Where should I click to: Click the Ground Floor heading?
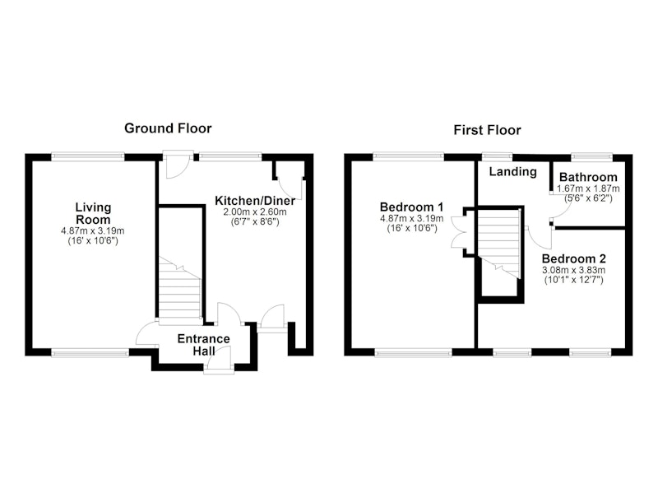pos(168,128)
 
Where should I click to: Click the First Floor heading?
pos(487,130)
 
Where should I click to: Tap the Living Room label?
pos(93,213)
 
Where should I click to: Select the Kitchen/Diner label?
pos(255,201)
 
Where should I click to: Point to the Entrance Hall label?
pos(204,345)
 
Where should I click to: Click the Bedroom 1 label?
pos(411,207)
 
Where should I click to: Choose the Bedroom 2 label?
pos(573,258)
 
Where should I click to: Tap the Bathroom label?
pos(588,177)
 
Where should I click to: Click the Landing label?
pos(512,172)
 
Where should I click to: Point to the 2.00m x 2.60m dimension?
pos(255,212)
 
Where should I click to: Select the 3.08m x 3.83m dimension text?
pos(573,270)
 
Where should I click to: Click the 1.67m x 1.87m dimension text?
pos(588,189)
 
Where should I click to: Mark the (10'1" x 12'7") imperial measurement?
pos(573,280)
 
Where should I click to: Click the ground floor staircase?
pos(179,290)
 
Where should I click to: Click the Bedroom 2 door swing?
pos(540,238)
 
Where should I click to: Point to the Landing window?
pos(497,157)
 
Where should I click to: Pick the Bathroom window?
pos(591,157)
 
